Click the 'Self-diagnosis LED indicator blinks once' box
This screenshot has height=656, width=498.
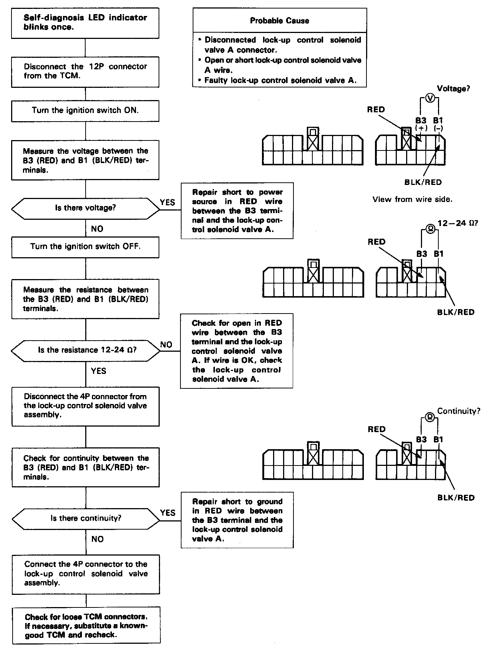tap(85, 23)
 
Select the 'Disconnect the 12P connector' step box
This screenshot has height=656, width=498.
tap(85, 72)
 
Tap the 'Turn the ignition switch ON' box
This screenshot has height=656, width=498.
tap(85, 110)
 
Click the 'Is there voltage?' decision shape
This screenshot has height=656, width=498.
tap(85, 208)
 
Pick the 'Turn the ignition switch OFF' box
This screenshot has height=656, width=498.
tap(85, 246)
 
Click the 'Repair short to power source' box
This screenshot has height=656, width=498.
tap(237, 211)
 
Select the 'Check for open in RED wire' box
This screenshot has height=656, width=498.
tap(237, 351)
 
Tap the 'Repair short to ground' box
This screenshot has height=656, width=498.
tap(237, 520)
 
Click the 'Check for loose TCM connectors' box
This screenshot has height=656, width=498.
tap(86, 626)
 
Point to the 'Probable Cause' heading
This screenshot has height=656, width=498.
tap(279, 21)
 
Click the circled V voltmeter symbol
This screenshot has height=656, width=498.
tap(429, 98)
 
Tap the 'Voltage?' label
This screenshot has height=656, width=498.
tap(453, 89)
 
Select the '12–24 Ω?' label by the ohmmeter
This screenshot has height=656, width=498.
tap(458, 223)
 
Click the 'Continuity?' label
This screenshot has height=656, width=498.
tap(458, 411)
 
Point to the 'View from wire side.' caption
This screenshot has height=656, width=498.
tap(412, 199)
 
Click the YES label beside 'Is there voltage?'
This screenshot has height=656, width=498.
tap(167, 202)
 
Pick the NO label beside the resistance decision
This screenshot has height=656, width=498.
tap(166, 345)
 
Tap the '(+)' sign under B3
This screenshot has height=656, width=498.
tap(421, 128)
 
